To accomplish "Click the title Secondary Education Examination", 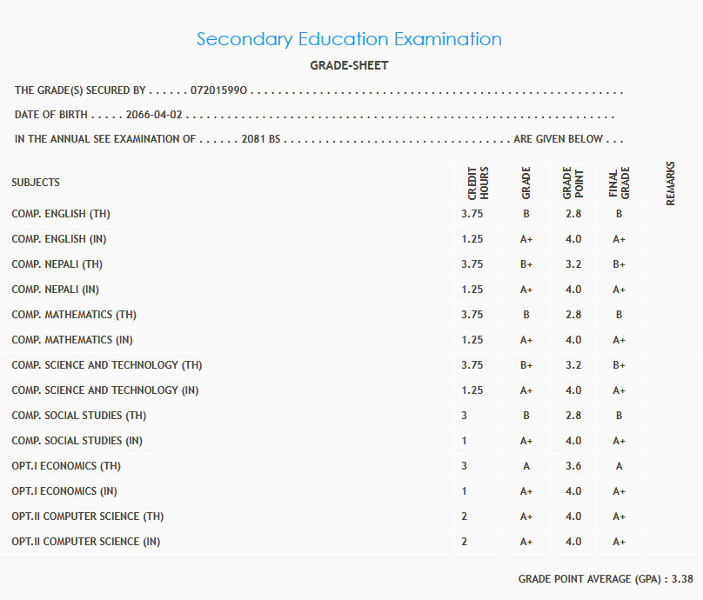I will (349, 39).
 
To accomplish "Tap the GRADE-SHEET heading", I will (349, 65).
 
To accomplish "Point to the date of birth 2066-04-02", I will (155, 115).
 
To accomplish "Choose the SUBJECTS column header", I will (36, 183).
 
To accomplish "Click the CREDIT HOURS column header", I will (479, 183).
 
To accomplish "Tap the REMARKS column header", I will (671, 183).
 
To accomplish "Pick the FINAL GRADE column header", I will (619, 183).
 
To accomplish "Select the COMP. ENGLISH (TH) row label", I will (61, 214).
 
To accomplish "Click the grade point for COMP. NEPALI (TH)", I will (573, 264).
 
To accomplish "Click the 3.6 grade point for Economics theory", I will (573, 466).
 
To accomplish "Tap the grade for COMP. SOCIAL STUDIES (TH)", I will (526, 416).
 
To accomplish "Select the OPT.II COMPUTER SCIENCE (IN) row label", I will (86, 542).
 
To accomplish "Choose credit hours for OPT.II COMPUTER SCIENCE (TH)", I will (465, 517).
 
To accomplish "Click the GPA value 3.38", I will (682, 578).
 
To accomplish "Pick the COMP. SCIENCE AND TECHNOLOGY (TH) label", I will (107, 365).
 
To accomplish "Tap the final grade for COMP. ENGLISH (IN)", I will (619, 239).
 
